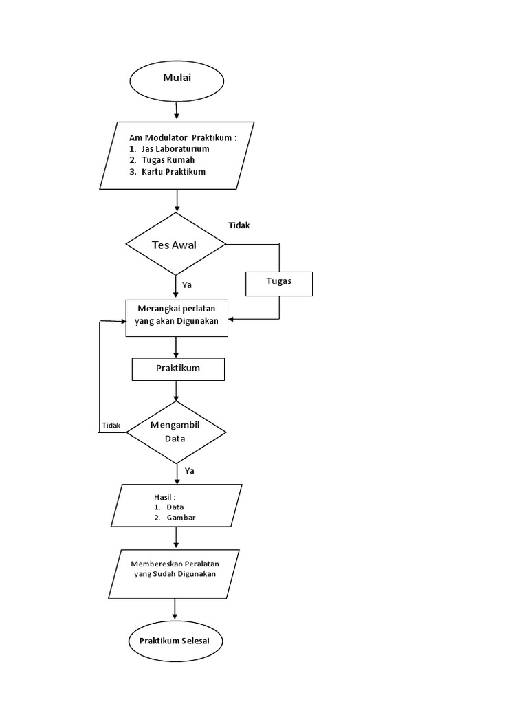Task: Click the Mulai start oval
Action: pos(177,78)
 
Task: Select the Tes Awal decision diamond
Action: pos(176,245)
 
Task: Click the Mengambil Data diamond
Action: pos(176,431)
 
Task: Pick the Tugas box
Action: pos(278,283)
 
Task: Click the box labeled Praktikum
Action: pos(177,368)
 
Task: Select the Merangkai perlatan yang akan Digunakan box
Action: pos(177,317)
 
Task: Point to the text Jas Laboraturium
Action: pos(175,148)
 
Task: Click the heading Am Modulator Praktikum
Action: pos(182,137)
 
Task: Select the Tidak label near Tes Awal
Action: pos(239,225)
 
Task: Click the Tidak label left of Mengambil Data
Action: pos(111,426)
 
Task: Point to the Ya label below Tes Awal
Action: pos(186,284)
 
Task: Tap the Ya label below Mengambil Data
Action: pos(188,471)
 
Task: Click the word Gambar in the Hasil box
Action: pos(181,518)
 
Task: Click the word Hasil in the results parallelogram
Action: pos(164,496)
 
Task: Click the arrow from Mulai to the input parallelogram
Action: pos(177,110)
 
